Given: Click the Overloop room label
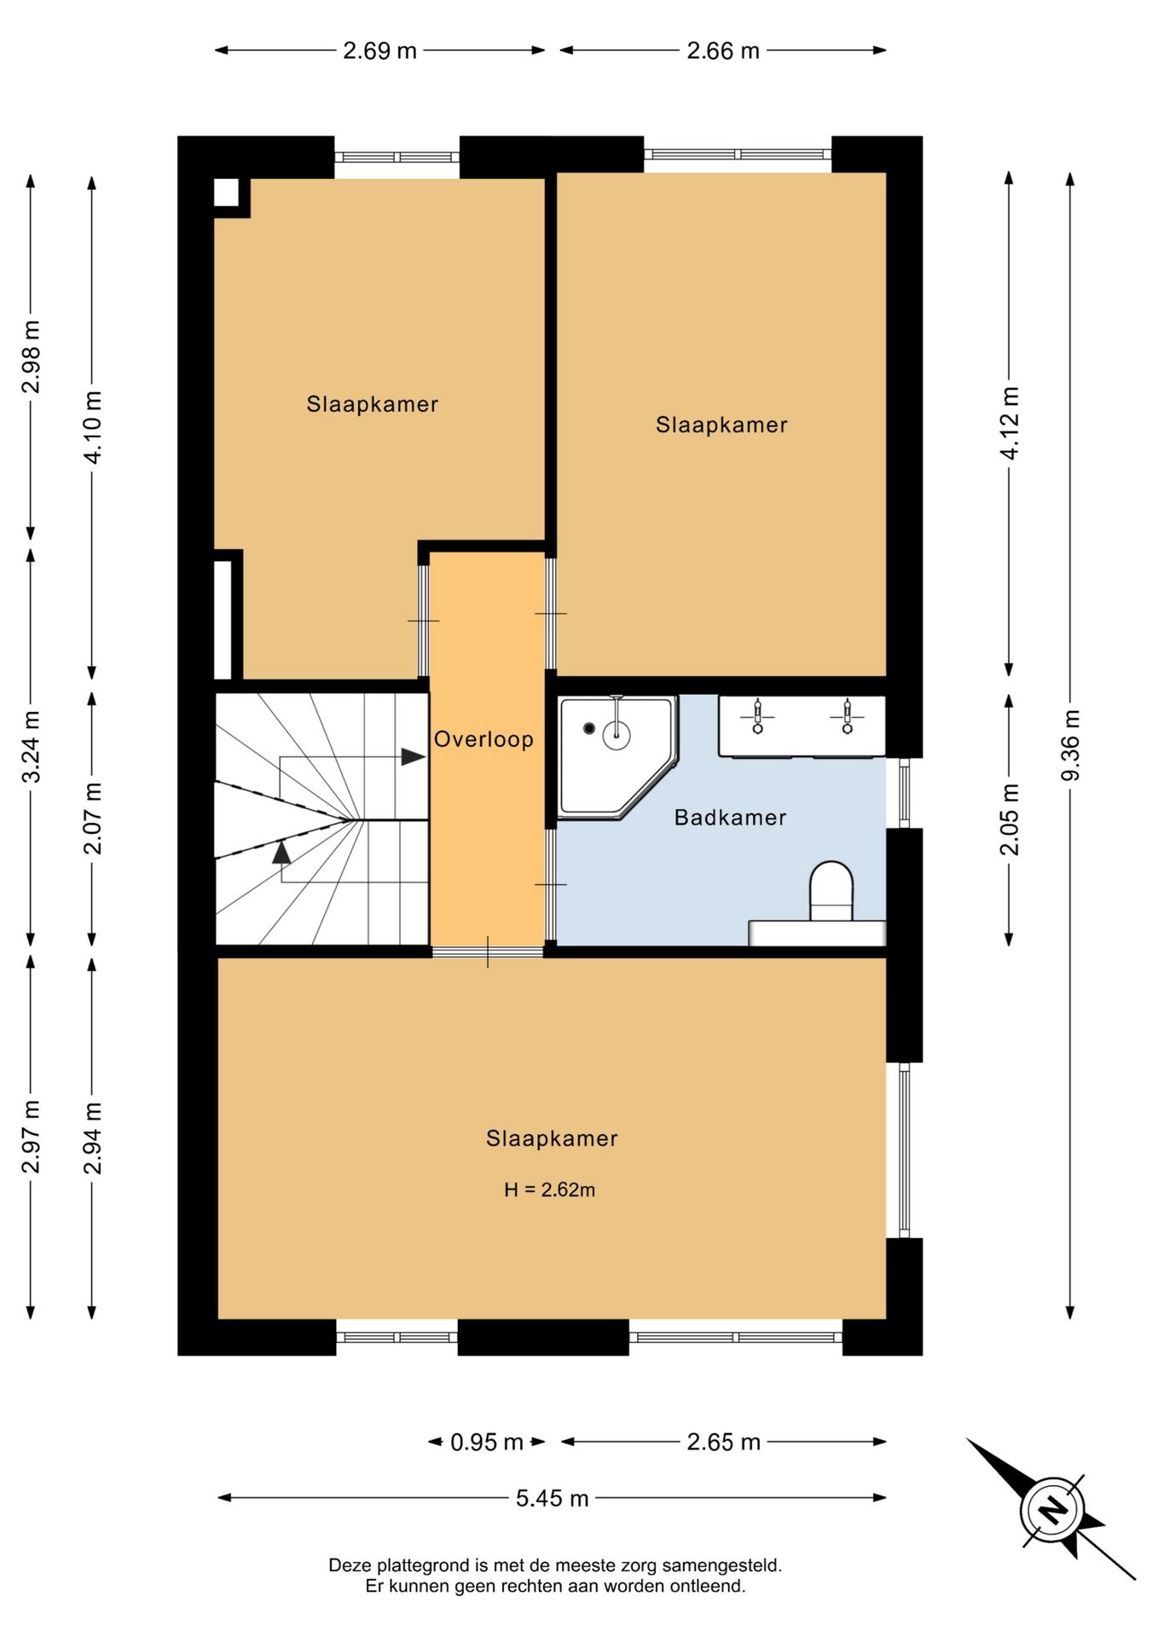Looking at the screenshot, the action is click(x=483, y=740).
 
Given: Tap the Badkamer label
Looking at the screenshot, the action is click(x=730, y=818).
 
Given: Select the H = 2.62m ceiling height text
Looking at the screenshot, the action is click(x=549, y=1189).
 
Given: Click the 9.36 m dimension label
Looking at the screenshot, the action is click(x=1070, y=744).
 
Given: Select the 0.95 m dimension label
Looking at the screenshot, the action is click(x=486, y=1443).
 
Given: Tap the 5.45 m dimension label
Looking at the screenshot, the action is click(x=552, y=1498).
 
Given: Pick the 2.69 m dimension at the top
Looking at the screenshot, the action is click(x=379, y=51).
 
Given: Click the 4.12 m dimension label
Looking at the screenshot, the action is click(x=1009, y=423).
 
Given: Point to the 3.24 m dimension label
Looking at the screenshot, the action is click(x=31, y=746).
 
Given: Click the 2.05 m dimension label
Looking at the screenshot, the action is click(x=1009, y=819).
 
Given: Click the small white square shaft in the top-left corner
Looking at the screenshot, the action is click(x=226, y=193).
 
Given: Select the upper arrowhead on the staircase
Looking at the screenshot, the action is click(x=414, y=756).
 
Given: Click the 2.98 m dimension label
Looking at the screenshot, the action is click(x=31, y=357).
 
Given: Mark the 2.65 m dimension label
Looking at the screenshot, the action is click(x=723, y=1443).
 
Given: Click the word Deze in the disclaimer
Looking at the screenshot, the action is click(x=350, y=1565).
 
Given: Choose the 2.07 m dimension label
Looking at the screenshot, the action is click(x=92, y=818).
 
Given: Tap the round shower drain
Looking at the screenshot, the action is click(x=589, y=728).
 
